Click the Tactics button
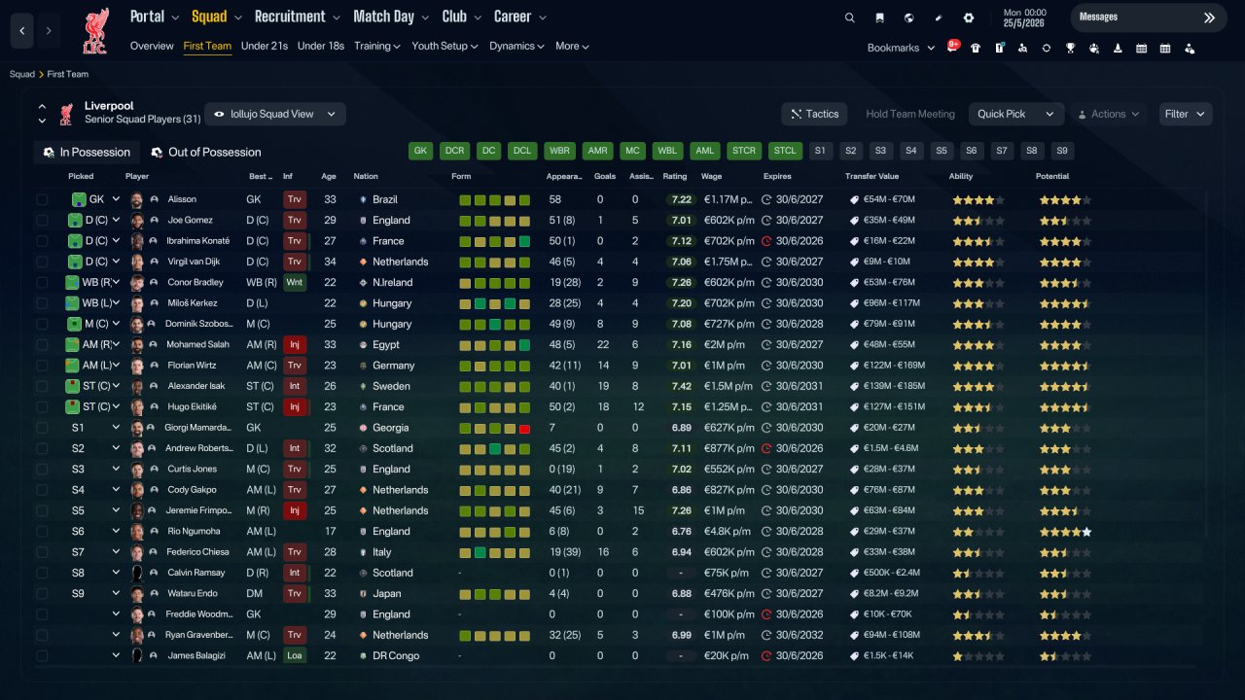click(814, 114)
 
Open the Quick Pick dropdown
click(1015, 114)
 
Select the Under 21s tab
click(265, 46)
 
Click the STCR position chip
click(744, 151)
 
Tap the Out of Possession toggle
click(206, 153)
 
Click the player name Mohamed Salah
click(197, 344)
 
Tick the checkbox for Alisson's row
click(42, 199)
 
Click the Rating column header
click(675, 176)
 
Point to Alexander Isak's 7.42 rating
click(682, 386)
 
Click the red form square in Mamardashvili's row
click(524, 429)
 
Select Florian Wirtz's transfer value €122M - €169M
click(894, 366)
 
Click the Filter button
click(1185, 114)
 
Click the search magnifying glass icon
click(849, 17)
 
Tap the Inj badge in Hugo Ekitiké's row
click(295, 407)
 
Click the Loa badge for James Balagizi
click(295, 656)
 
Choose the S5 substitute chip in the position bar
click(941, 151)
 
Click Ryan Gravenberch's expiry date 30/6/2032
click(800, 635)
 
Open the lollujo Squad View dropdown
click(275, 114)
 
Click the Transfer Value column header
click(871, 176)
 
